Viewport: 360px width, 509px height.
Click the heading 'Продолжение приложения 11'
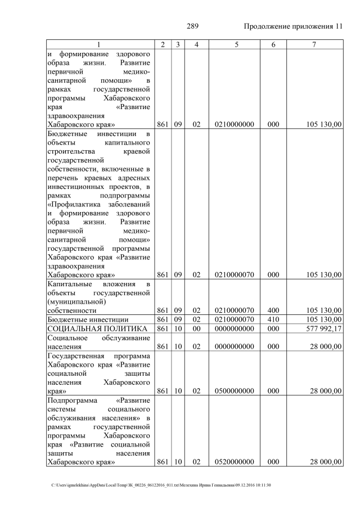[293, 26]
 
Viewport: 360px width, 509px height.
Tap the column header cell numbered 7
[314, 44]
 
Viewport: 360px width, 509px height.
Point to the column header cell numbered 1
[98, 44]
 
